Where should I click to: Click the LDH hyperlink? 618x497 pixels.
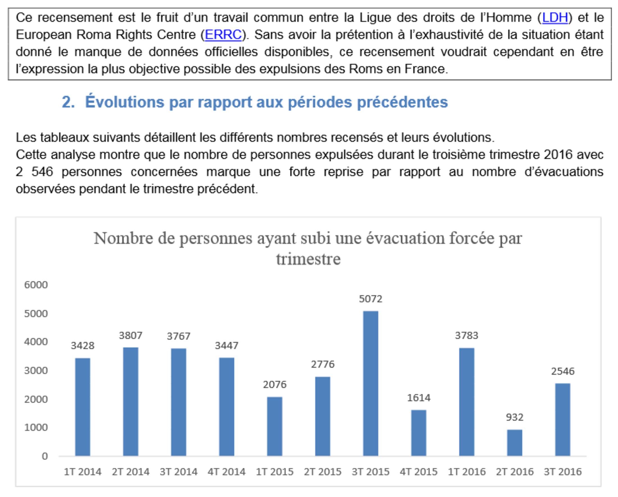coord(555,18)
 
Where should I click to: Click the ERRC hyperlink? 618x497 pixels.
coord(223,35)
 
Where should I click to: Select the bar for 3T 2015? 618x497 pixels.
coord(370,383)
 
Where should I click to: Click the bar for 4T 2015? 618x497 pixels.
coord(419,433)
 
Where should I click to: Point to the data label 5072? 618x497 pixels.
coord(370,299)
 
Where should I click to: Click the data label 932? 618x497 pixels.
coord(515,417)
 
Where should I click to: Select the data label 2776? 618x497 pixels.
coord(323,364)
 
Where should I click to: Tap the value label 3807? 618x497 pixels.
coord(130,336)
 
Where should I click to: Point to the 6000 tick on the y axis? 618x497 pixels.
coord(36,285)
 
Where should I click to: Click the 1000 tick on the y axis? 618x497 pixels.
coord(36,428)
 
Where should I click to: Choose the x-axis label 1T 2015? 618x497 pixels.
coord(275,472)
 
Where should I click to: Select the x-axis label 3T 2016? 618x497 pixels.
coord(563,472)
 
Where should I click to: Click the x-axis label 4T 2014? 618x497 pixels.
coord(226,472)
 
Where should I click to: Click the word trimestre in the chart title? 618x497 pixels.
coord(308,259)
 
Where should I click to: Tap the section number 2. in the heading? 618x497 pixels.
coord(68,102)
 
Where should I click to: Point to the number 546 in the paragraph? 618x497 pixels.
coord(42,172)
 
